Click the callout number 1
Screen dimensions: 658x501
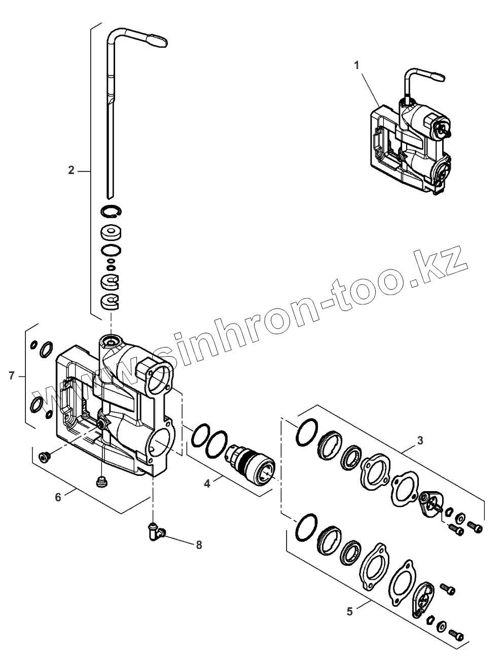tap(357, 64)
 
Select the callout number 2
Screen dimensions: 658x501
tap(71, 170)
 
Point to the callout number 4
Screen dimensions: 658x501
tap(207, 484)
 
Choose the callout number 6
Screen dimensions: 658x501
tap(58, 497)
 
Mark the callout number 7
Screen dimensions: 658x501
tap(11, 375)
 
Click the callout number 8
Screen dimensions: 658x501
tap(199, 545)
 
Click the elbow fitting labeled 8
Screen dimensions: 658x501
tap(155, 531)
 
